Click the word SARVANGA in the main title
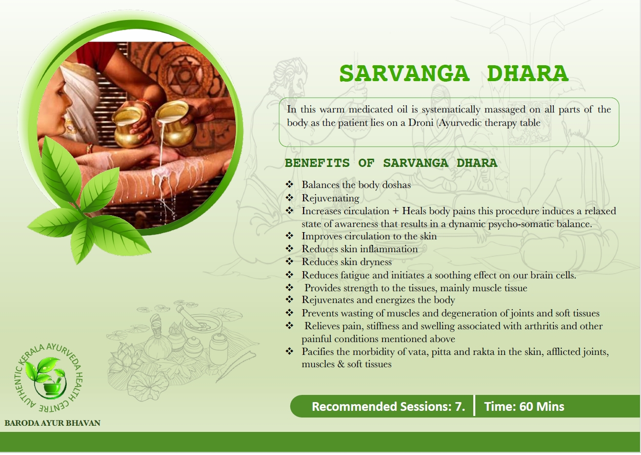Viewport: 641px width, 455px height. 405,73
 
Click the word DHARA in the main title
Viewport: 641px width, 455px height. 528,73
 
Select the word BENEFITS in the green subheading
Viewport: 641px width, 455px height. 317,163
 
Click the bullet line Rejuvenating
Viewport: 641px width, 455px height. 331,198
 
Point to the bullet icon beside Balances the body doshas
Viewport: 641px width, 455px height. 289,184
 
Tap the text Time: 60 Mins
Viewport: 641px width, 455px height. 524,407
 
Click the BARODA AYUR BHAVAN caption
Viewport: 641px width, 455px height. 52,423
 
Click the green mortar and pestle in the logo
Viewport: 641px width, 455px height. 51,386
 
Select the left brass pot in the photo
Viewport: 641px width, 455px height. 129,127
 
